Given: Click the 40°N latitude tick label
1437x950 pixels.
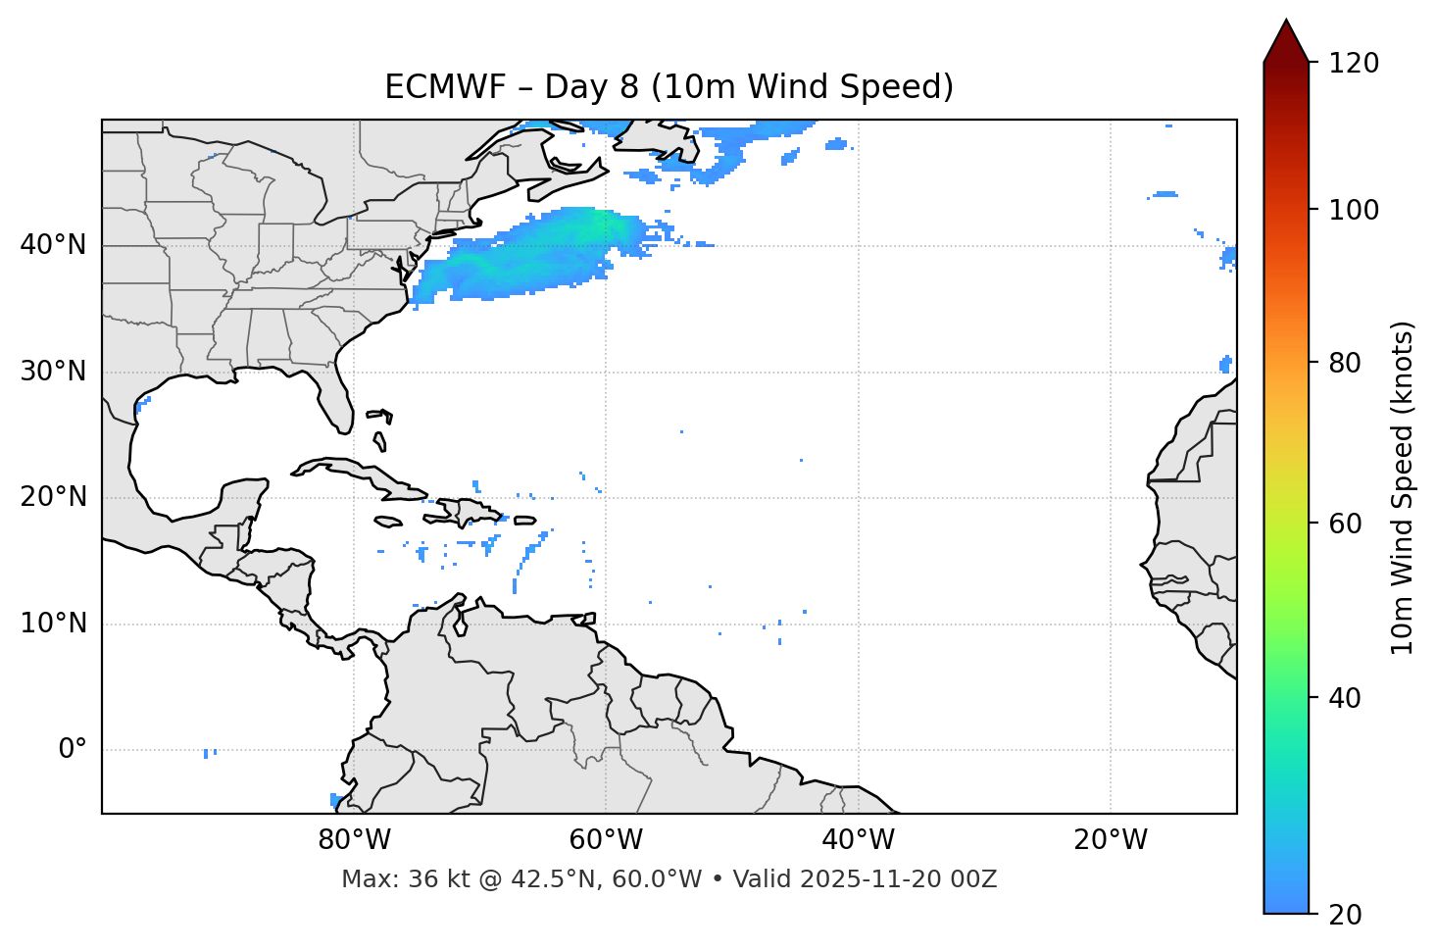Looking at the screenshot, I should click(53, 245).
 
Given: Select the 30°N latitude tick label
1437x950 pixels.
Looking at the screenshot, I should click(53, 372).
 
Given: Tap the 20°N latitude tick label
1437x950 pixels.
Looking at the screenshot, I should click(53, 497).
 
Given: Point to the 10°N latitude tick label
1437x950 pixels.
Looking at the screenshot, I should click(53, 624).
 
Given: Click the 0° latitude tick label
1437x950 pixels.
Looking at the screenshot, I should click(73, 750).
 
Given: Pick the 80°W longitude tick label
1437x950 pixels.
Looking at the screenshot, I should click(354, 840).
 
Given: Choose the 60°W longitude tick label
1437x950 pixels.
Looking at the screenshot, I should click(606, 840).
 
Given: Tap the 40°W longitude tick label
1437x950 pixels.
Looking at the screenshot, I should click(858, 840).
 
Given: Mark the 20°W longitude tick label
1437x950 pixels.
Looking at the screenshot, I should click(1110, 840).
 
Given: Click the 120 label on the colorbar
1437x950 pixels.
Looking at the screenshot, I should click(1354, 64).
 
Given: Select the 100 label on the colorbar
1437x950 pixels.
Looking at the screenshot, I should click(1354, 211).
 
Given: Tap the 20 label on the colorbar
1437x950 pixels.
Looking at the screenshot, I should click(1346, 915).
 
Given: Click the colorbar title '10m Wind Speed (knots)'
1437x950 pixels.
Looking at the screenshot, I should click(1403, 487).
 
